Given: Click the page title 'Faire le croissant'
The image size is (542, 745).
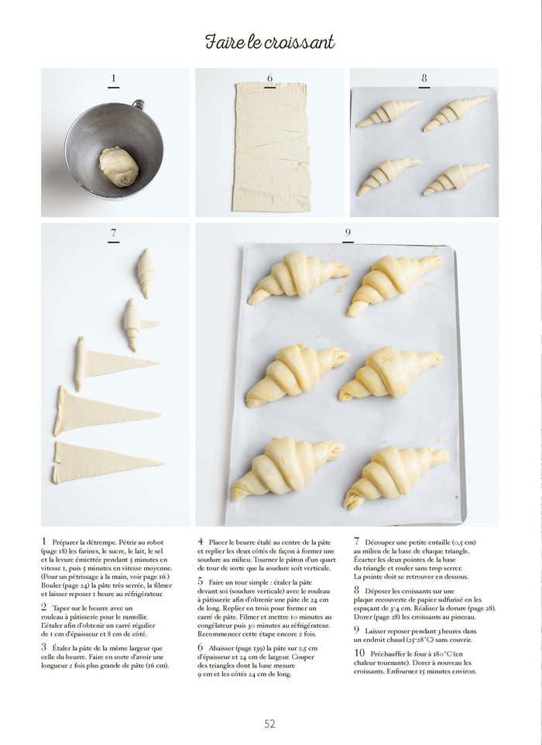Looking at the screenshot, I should pos(269,42).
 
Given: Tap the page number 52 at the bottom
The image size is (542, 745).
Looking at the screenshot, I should pos(269,723).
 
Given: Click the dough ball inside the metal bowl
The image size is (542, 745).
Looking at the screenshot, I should pos(118,167).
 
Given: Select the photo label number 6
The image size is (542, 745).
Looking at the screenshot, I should pos(269,78).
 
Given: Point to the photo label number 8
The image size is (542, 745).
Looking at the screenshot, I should pos(424,78).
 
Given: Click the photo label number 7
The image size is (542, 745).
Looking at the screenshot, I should pos(114,233).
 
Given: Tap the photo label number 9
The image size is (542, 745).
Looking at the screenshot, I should pos(348,233).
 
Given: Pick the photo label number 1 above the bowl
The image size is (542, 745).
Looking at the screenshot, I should pos(114,78).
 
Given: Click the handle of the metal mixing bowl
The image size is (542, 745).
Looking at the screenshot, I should pos(139,104).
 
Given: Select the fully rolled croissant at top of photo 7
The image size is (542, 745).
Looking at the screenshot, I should pos(146,273).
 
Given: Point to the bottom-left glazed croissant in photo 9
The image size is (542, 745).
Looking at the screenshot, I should pos(286,467).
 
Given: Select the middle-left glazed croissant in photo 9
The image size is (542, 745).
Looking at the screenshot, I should pos(295,374).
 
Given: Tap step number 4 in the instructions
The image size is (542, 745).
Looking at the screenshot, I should pos(201,542).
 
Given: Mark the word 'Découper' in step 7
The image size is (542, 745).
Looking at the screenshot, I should pos(385,542).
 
